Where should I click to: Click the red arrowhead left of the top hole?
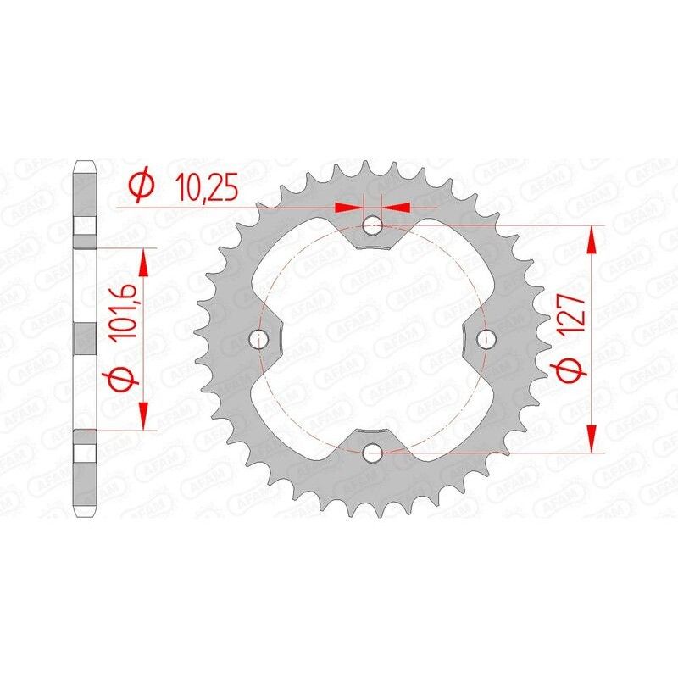349,206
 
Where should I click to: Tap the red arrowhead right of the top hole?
397,206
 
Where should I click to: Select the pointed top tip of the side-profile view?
86,160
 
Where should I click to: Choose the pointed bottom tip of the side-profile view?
86,517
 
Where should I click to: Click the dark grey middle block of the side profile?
86,339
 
